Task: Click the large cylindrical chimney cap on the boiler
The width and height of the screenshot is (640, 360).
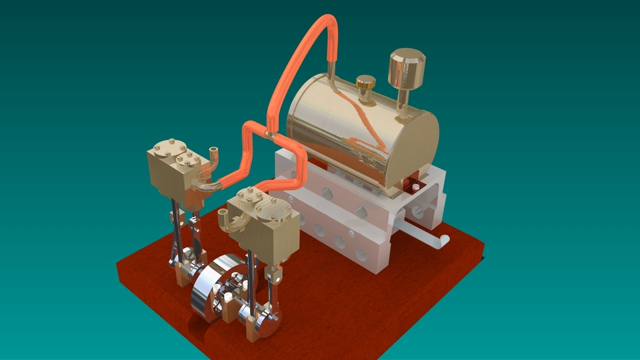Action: [x=406, y=69]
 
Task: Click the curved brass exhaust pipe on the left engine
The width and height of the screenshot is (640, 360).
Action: [x=213, y=156]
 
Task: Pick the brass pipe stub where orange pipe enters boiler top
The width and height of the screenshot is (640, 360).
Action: [x=331, y=71]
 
